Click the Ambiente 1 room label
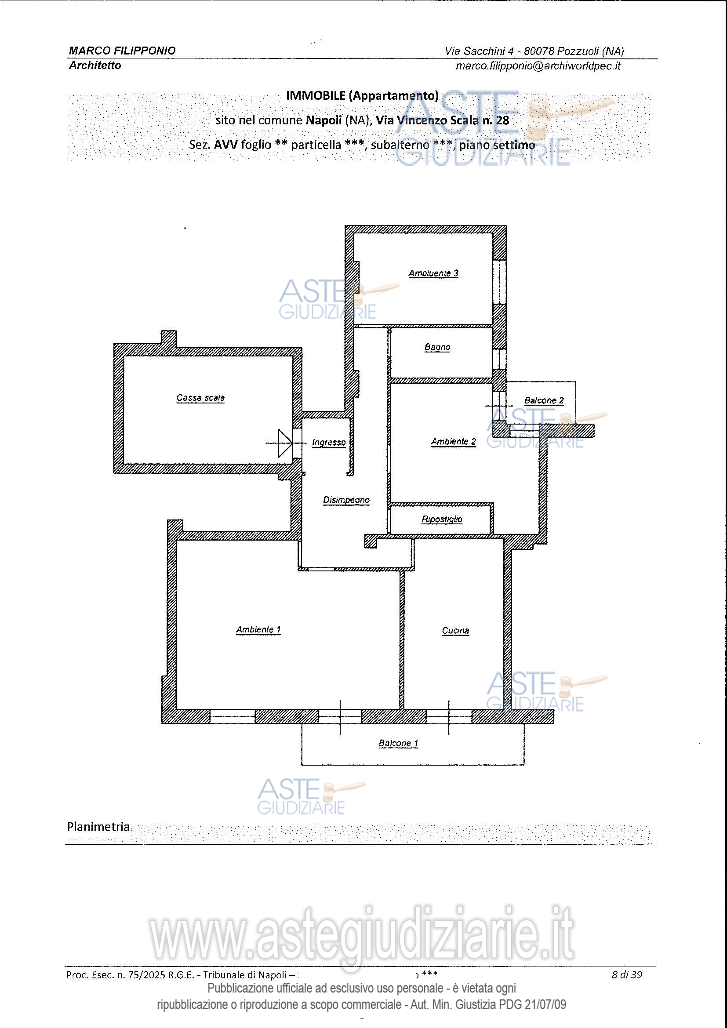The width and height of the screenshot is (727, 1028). (258, 629)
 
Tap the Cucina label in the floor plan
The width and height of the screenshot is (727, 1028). (455, 630)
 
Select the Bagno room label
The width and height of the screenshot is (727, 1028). (437, 347)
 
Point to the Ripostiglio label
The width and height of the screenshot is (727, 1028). (442, 519)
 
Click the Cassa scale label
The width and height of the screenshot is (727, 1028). (200, 398)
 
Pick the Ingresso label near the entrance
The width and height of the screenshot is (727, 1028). (329, 443)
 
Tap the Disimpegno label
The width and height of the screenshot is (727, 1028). (346, 500)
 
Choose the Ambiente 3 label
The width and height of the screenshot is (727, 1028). (433, 273)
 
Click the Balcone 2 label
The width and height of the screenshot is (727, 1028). (544, 400)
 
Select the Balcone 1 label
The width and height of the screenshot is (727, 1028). (398, 743)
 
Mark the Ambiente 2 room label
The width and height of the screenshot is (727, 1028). (454, 441)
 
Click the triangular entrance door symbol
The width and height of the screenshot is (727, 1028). (285, 443)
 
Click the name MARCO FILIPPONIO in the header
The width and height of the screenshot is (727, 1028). (122, 51)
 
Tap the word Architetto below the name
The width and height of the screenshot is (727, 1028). (95, 65)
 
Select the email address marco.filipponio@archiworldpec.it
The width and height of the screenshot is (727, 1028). (538, 66)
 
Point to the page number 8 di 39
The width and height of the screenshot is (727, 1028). (627, 975)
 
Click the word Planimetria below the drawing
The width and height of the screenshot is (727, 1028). (98, 827)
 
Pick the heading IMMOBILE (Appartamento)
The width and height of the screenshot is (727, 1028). (362, 95)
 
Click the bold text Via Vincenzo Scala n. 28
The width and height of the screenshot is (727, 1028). (442, 120)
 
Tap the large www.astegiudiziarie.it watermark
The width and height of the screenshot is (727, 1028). (361, 934)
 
